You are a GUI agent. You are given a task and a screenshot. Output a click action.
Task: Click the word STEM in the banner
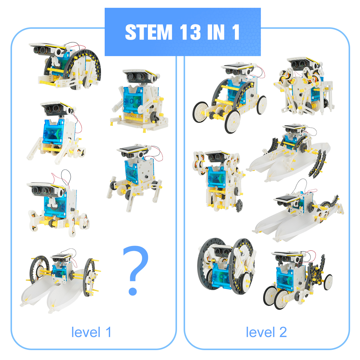point(148,32)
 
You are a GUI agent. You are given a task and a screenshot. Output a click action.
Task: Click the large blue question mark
point(135,271)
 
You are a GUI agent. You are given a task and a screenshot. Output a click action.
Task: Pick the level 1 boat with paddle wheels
point(60,280)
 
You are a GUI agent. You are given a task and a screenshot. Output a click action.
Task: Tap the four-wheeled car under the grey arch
point(230,97)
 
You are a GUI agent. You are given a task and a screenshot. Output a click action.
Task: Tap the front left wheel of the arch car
point(232,121)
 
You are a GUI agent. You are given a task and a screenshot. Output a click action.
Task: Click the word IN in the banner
point(216,32)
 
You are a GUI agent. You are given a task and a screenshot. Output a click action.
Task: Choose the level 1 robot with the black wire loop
point(58,204)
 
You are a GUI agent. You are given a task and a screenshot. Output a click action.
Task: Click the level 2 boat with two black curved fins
point(289,153)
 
